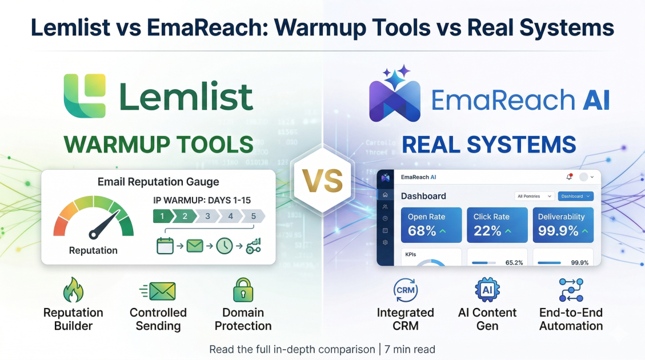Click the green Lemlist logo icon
click(85, 95)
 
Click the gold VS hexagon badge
click(323, 179)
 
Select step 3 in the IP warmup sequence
click(207, 216)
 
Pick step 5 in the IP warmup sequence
click(253, 216)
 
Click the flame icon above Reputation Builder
click(73, 290)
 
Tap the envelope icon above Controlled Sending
click(158, 291)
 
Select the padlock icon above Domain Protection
click(243, 290)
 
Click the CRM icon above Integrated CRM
click(406, 290)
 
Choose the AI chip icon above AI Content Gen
click(487, 290)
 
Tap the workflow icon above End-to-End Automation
click(571, 290)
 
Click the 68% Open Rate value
click(422, 231)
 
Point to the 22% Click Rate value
click(488, 231)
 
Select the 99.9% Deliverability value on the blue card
click(558, 231)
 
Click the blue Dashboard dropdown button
click(575, 196)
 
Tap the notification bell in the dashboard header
click(569, 177)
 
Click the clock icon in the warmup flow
click(225, 246)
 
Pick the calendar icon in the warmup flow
click(165, 246)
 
